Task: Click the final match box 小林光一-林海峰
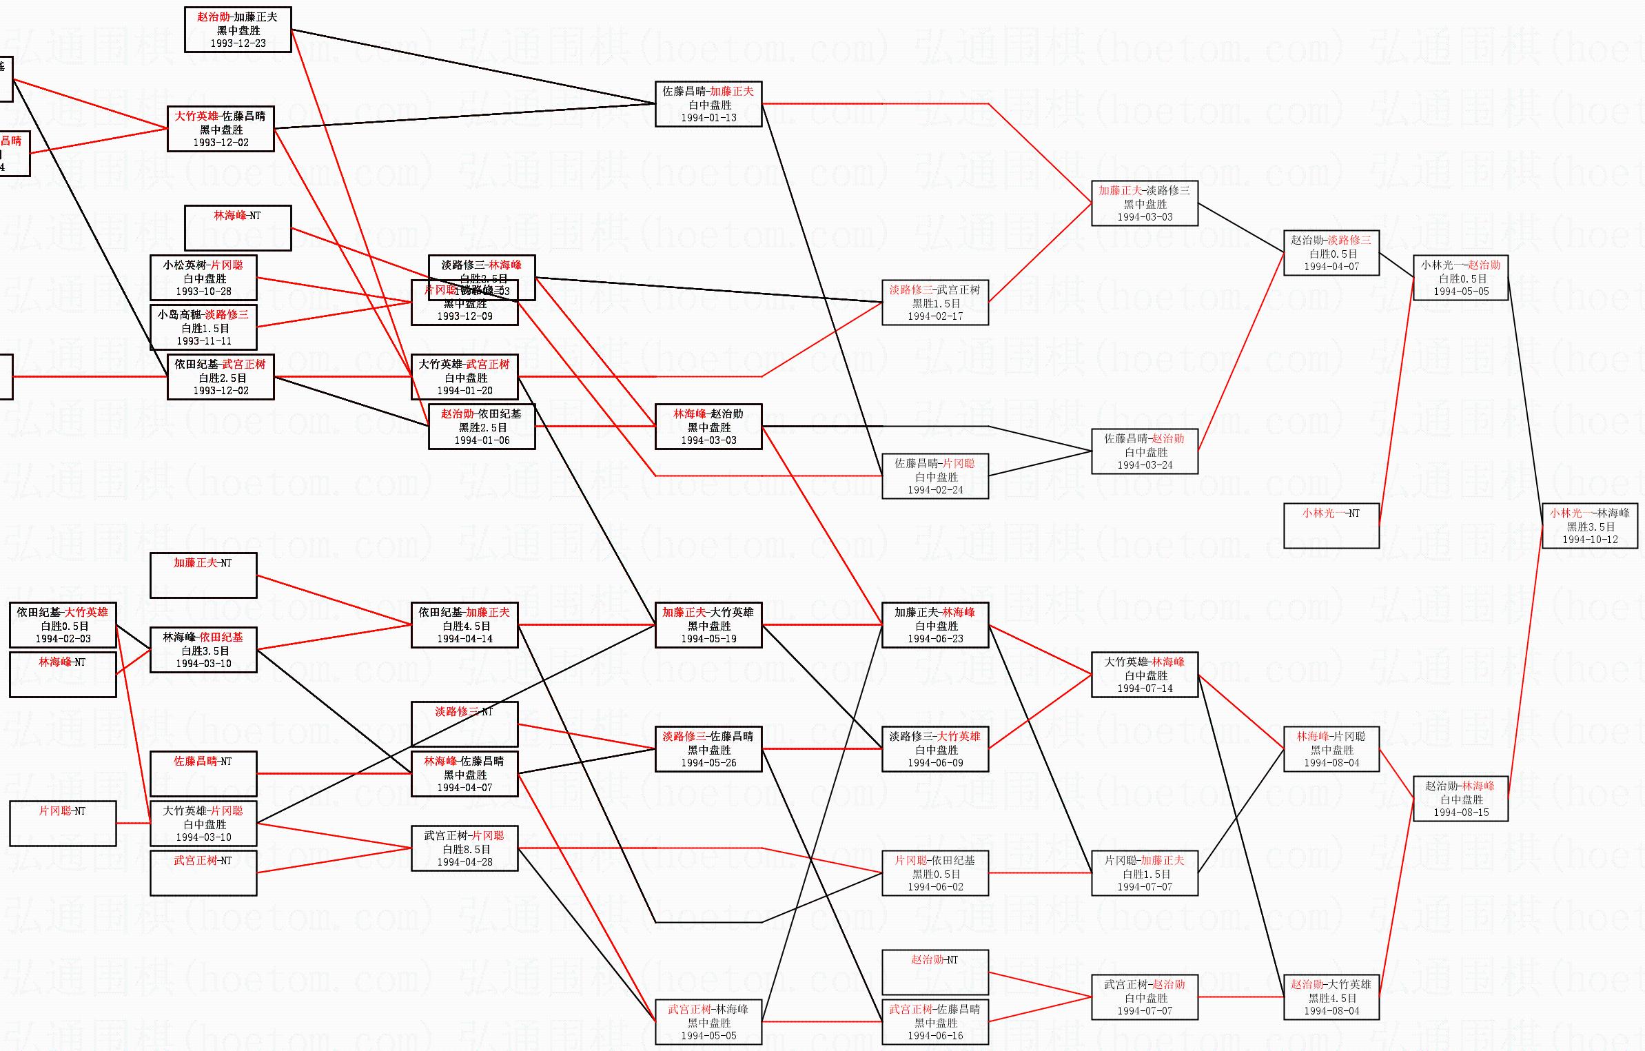pyautogui.click(x=1589, y=526)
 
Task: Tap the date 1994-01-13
pyautogui.click(x=708, y=118)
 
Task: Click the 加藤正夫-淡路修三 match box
pyautogui.click(x=1144, y=203)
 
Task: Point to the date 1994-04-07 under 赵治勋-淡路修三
pyautogui.click(x=1331, y=267)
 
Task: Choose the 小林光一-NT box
pyautogui.click(x=1331, y=526)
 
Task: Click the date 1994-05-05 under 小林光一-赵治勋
pyautogui.click(x=1460, y=292)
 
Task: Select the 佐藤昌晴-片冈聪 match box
pyautogui.click(x=935, y=476)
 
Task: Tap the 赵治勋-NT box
pyautogui.click(x=935, y=972)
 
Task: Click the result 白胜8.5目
pyautogui.click(x=466, y=849)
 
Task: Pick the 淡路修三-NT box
pyautogui.click(x=464, y=724)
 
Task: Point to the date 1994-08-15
pyautogui.click(x=1460, y=813)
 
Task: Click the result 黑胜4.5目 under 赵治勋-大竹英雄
pyautogui.click(x=1331, y=998)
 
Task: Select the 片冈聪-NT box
pyautogui.click(x=63, y=824)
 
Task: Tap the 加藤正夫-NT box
pyautogui.click(x=203, y=575)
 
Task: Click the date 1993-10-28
pyautogui.click(x=203, y=292)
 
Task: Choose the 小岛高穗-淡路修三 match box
pyautogui.click(x=203, y=327)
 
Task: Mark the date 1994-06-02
pyautogui.click(x=935, y=887)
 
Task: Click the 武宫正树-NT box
pyautogui.click(x=203, y=873)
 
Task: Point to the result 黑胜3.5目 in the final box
pyautogui.click(x=1590, y=527)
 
